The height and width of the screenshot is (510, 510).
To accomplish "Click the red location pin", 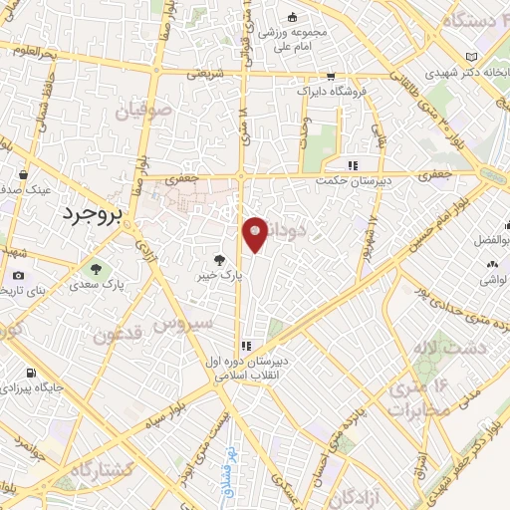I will point(256,234).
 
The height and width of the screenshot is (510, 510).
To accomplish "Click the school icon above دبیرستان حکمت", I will point(351,165).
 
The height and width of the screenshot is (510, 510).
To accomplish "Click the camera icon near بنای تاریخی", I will point(19,276).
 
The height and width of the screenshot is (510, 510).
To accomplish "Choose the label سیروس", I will point(188,325).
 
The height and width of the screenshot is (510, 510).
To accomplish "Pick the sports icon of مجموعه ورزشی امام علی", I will point(291,17).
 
